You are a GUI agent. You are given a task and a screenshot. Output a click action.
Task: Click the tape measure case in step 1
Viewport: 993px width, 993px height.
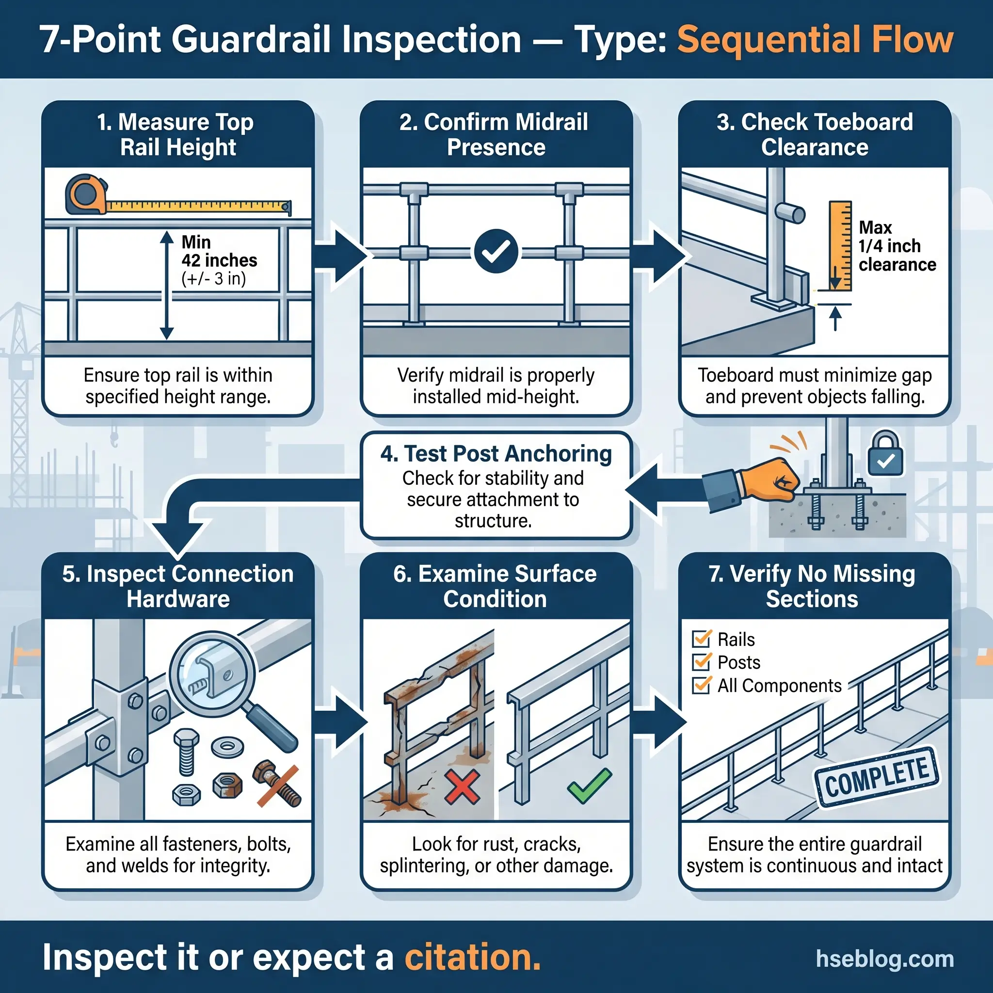point(85,194)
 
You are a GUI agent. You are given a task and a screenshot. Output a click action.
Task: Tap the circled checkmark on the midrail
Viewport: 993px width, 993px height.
point(496,251)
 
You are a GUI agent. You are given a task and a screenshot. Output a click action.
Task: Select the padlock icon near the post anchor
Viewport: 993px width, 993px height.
point(885,454)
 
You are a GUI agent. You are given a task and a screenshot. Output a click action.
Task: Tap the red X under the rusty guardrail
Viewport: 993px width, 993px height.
point(462,787)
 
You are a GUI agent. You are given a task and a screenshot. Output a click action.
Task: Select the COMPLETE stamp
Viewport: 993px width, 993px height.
point(877,776)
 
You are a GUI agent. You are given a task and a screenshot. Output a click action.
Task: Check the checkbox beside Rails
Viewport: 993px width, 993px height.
point(702,639)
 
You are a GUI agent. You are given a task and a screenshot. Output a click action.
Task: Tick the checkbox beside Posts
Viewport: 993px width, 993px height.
point(702,661)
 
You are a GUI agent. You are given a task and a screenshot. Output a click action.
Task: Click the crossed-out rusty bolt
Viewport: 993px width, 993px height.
point(277,785)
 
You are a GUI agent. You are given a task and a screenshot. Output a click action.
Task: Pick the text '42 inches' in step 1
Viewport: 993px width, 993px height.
point(219,260)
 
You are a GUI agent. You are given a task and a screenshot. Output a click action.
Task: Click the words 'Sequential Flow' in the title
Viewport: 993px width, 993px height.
point(815,40)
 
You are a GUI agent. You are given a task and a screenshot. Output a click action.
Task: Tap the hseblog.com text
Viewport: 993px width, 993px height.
point(884,959)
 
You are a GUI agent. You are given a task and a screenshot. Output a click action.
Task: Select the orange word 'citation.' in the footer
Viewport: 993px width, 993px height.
point(472,957)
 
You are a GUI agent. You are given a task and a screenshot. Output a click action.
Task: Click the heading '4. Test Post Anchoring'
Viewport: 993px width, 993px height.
point(496,453)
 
